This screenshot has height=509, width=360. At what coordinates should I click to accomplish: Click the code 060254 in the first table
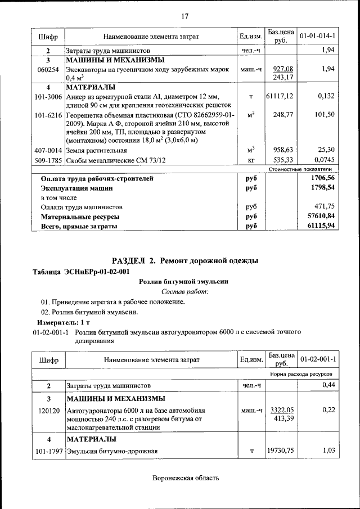click(x=48, y=69)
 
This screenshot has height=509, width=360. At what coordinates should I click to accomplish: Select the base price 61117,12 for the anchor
click(x=280, y=97)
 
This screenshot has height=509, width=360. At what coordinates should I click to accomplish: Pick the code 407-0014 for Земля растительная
click(x=48, y=150)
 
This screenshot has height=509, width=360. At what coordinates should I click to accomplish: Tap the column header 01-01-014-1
click(x=317, y=37)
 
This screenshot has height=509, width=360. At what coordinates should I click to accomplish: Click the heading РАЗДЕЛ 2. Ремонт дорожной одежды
click(x=185, y=260)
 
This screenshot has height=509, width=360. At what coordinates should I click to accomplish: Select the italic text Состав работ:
click(x=184, y=291)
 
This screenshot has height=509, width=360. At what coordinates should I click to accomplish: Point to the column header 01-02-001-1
click(x=317, y=359)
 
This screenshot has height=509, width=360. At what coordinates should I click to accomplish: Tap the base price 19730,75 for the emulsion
click(x=280, y=451)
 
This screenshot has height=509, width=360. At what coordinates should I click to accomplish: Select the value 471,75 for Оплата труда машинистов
click(x=325, y=206)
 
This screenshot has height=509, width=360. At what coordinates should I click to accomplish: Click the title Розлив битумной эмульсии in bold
click(x=184, y=281)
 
